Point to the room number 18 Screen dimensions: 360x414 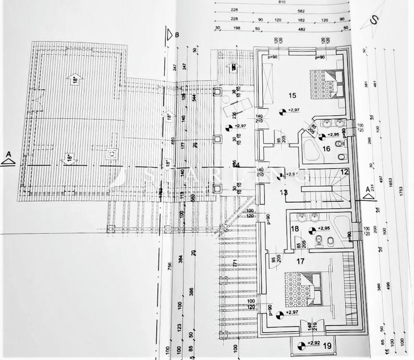[295, 229]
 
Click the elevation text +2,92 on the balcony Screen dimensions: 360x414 [313, 343]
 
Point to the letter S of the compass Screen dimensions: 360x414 [373, 19]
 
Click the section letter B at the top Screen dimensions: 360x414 [178, 35]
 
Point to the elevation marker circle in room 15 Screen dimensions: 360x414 [283, 111]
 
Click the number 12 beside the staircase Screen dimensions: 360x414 [344, 172]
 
